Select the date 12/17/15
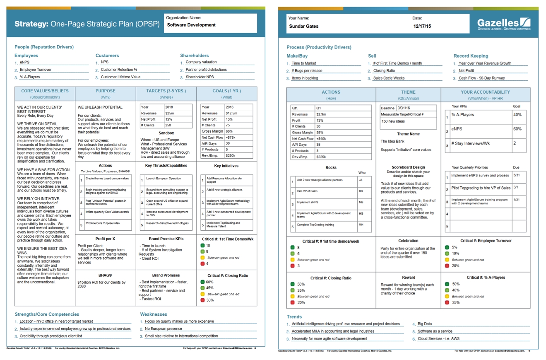tap(422, 26)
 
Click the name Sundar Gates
tap(302, 26)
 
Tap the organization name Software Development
tap(191, 25)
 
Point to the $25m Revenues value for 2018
tap(169, 113)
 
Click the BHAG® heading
tap(106, 275)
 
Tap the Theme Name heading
tap(408, 134)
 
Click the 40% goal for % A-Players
tap(517, 115)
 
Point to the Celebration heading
tap(408, 240)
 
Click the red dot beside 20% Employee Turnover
tap(447, 266)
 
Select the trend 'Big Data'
tap(425, 324)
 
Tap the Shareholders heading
tap(194, 55)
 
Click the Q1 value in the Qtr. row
tap(318, 108)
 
